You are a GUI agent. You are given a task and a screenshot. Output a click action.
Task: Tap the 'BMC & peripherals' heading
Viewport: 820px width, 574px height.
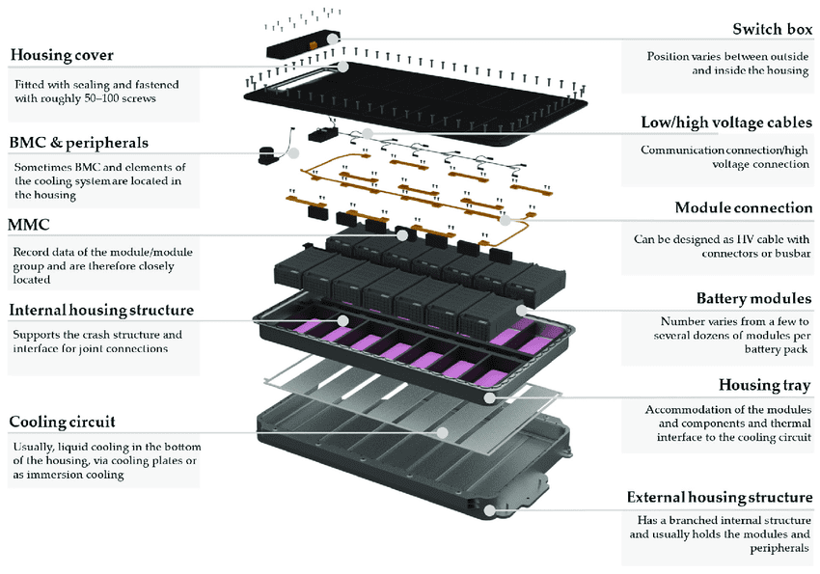point(79,142)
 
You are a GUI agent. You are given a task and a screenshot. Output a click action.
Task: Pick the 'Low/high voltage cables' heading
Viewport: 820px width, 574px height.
point(725,123)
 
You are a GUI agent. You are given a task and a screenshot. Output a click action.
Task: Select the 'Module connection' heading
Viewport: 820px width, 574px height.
point(743,207)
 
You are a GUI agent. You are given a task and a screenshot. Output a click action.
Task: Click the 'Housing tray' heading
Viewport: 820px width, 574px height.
point(765,385)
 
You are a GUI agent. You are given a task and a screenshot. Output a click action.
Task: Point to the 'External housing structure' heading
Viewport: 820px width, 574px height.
point(719,497)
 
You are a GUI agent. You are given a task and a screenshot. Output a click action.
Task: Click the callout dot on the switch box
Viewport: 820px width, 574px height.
point(332,40)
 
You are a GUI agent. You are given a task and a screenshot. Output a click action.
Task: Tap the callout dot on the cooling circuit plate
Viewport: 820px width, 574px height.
point(442,432)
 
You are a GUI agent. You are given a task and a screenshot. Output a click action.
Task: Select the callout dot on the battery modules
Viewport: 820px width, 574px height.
point(522,311)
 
